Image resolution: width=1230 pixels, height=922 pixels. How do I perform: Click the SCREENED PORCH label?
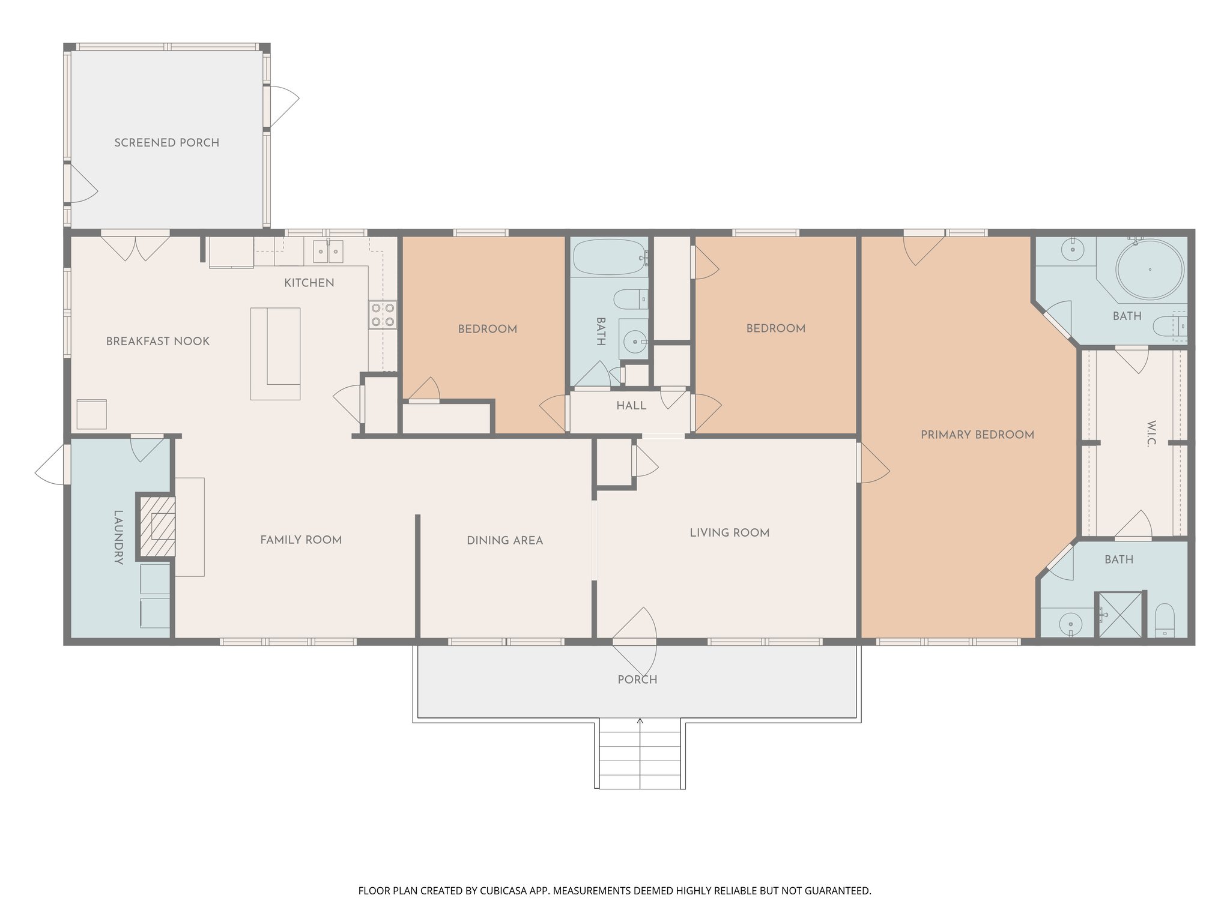(166, 143)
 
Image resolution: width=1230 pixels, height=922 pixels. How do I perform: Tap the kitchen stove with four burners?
(383, 315)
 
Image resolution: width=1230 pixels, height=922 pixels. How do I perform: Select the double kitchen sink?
(327, 252)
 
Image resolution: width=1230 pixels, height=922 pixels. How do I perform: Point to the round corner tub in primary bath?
(1150, 270)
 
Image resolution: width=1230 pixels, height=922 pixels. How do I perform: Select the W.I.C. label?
(1150, 434)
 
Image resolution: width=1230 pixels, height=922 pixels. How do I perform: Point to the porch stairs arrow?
(640, 722)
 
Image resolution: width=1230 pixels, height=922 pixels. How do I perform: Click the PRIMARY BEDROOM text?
(977, 435)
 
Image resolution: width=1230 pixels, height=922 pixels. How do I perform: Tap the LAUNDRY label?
(118, 537)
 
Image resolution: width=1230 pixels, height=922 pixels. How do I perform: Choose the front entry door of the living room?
(635, 642)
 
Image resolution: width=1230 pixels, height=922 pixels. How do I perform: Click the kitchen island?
(276, 354)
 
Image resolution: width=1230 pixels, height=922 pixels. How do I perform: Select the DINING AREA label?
(504, 541)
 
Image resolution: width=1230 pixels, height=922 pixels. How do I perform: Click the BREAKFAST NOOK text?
(158, 342)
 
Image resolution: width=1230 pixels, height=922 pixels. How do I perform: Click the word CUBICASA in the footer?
(504, 891)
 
